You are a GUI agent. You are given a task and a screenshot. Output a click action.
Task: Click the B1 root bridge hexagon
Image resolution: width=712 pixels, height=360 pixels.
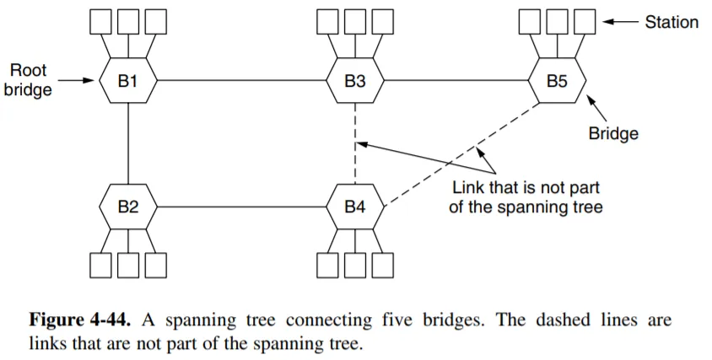click(127, 81)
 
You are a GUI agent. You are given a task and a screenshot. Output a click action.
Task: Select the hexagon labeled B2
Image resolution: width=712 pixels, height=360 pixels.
click(127, 207)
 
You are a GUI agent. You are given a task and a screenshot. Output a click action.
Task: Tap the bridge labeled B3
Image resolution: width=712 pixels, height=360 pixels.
click(355, 81)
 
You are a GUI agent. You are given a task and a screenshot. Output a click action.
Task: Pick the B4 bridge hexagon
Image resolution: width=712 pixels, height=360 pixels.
click(355, 207)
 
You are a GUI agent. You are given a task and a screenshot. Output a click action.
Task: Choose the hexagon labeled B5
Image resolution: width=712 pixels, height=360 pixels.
click(557, 81)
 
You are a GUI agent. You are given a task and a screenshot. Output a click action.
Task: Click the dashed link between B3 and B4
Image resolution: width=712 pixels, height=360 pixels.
click(355, 143)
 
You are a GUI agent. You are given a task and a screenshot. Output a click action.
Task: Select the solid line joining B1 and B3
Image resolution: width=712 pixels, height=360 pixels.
click(240, 81)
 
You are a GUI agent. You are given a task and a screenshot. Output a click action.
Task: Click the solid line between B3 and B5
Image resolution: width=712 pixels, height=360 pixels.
click(456, 81)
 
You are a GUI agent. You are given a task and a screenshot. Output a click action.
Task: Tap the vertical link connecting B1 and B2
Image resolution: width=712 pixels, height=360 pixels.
click(127, 143)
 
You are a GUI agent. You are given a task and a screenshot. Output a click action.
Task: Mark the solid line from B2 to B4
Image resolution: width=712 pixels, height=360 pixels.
click(240, 207)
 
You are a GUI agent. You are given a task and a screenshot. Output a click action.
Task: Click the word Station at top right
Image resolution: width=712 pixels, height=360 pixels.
click(672, 23)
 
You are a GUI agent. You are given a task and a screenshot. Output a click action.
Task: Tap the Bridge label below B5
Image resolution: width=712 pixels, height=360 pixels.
click(613, 133)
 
